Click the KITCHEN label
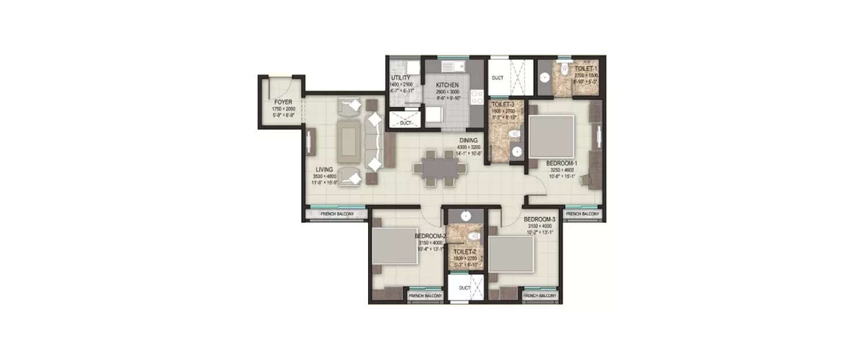pyautogui.click(x=447, y=85)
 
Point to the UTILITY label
pyautogui.click(x=400, y=78)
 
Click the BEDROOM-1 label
pyautogui.click(x=562, y=163)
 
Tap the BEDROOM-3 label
pyautogui.click(x=539, y=219)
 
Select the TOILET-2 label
pyautogui.click(x=464, y=252)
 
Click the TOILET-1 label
pyautogui.click(x=586, y=69)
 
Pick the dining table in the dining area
pyautogui.click(x=437, y=168)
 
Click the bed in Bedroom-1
pyautogui.click(x=551, y=137)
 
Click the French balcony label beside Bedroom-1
pyautogui.click(x=582, y=214)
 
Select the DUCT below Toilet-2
pyautogui.click(x=464, y=288)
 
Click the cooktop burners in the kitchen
pyautogui.click(x=477, y=97)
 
